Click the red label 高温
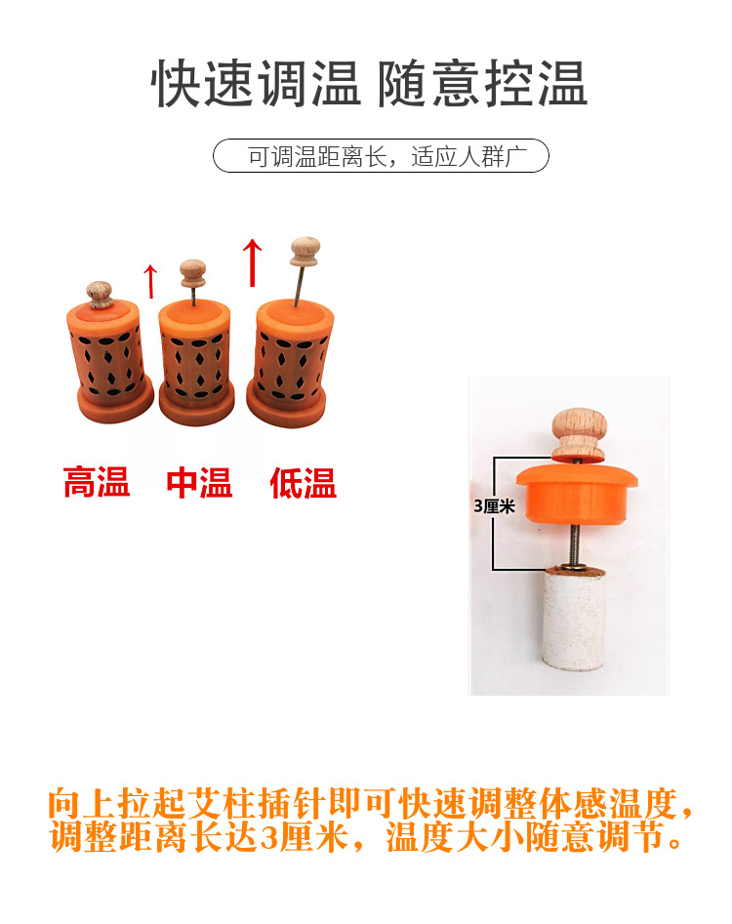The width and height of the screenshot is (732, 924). coord(97,483)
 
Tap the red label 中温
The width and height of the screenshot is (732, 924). coord(200,483)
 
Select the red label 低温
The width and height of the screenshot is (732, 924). coord(303,483)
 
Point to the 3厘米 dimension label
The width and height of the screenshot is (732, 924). coord(494,505)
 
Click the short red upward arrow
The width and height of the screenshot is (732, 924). coord(151,281)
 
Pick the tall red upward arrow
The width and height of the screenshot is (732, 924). coord(252,262)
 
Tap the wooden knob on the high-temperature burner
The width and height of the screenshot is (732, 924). coord(100,296)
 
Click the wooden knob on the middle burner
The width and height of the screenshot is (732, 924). coord(192,273)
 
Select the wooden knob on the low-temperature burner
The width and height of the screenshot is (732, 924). coord(305,252)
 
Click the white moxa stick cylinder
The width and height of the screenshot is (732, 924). coord(574,619)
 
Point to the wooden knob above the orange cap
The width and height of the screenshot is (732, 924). coord(579,433)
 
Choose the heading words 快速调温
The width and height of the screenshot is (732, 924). coord(256,84)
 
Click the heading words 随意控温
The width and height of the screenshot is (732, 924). coord(482,84)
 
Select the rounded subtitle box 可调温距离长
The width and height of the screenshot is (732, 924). coord(381,156)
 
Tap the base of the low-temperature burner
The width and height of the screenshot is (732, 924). coord(286,407)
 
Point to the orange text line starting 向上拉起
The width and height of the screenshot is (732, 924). coord(371,803)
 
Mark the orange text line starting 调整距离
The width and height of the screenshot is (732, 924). coord(366,837)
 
